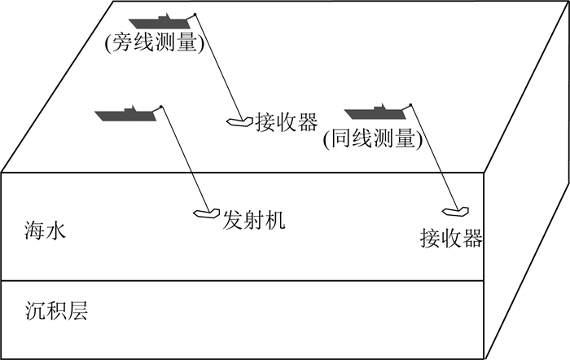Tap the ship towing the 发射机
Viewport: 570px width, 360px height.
click(x=125, y=113)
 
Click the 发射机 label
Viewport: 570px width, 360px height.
click(x=254, y=219)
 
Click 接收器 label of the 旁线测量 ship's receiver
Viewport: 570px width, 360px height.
click(x=285, y=122)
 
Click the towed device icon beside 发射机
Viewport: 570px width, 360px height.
click(x=204, y=214)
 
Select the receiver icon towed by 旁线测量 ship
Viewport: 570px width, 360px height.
click(x=239, y=122)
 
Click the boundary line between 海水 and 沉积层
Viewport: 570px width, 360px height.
click(x=244, y=282)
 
